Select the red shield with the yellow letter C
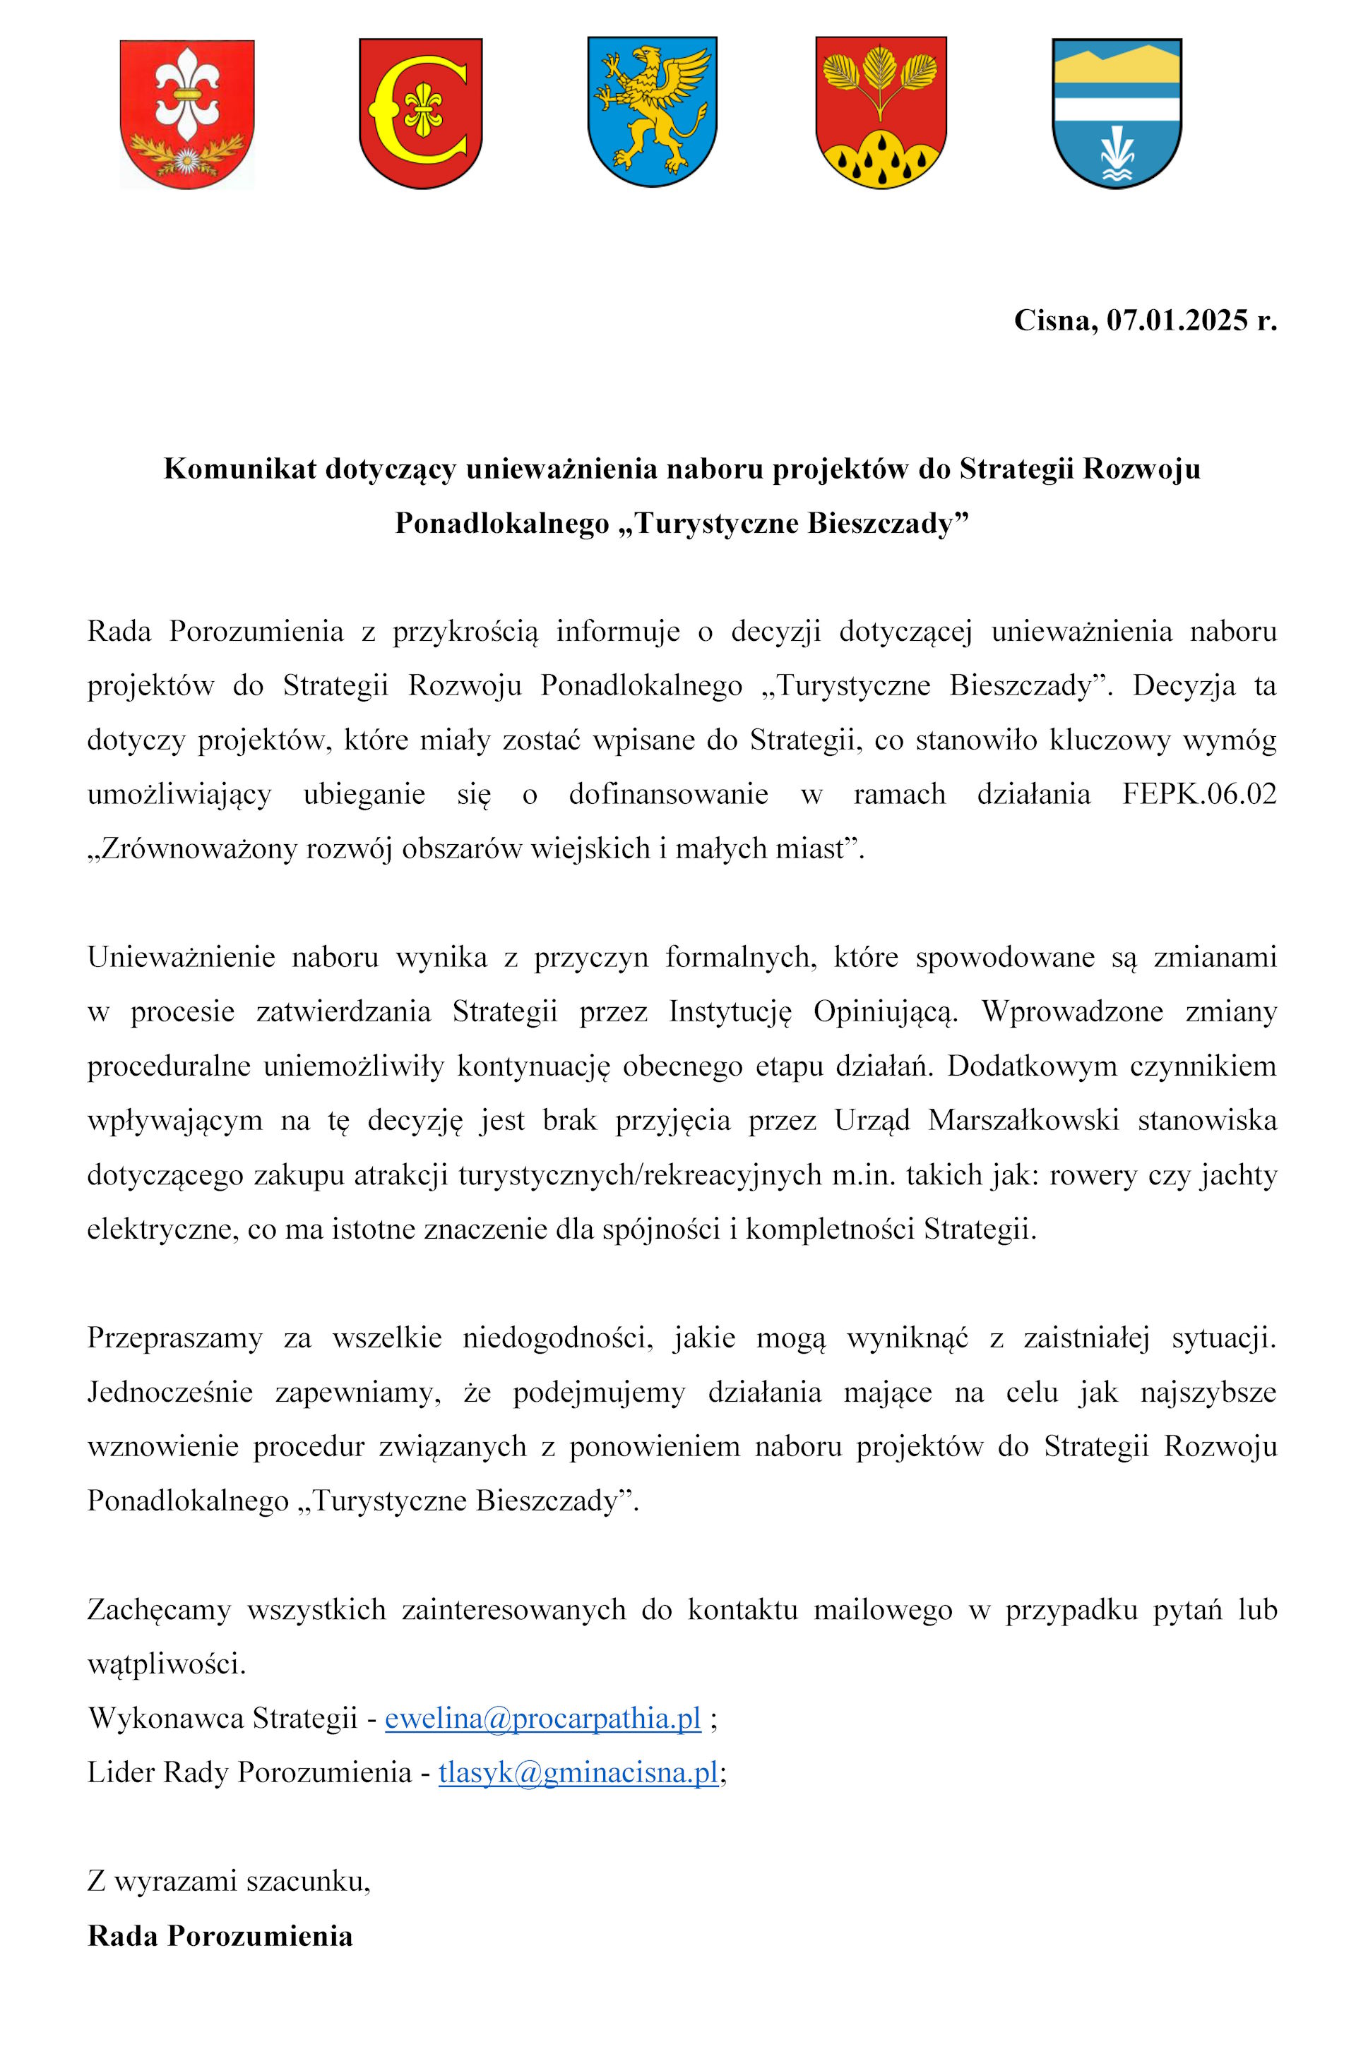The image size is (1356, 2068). point(421,113)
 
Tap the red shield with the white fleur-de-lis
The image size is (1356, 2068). point(187,113)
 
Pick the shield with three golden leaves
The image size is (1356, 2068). point(881,112)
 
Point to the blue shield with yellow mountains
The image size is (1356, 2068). point(1116,113)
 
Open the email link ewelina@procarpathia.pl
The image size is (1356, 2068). point(542,1718)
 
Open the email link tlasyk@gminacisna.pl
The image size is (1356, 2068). point(578,1772)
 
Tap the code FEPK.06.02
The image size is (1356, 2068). point(1199,794)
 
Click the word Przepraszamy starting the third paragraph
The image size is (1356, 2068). point(174,1338)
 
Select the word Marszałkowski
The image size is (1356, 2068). point(1023,1121)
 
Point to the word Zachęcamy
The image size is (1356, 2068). point(159,1609)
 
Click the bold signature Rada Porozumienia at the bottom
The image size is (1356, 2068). point(220,1935)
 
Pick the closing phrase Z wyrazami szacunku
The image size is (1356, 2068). point(229,1881)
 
